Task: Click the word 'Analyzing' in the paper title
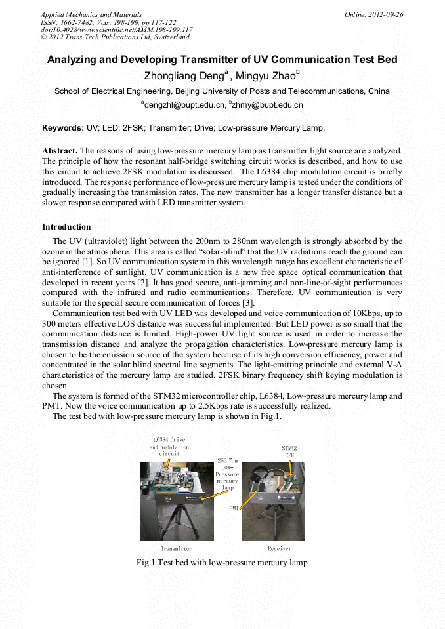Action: pos(74,60)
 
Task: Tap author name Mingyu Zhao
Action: pos(266,75)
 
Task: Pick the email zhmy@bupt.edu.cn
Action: pos(266,104)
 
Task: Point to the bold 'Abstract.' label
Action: pos(60,150)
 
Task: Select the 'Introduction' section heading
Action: pos(66,227)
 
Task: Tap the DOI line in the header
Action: pos(116,30)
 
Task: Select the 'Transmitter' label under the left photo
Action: pos(176,548)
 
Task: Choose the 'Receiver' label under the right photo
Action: pos(280,548)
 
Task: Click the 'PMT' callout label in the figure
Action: pos(234,508)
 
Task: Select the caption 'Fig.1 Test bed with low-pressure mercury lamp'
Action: pos(222,563)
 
